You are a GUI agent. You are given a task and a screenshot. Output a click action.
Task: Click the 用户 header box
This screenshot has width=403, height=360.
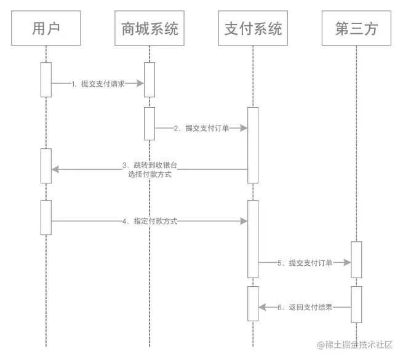(46, 28)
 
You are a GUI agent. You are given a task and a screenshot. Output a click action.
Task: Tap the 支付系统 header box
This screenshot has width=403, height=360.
(252, 28)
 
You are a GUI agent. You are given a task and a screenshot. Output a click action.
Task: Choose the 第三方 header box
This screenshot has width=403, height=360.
(356, 28)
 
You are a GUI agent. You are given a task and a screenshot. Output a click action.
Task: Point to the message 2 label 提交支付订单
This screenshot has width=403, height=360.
(201, 128)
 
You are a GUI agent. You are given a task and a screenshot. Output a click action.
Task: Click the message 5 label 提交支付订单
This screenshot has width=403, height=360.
(305, 263)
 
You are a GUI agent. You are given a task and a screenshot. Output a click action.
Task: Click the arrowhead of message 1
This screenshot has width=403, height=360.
(140, 83)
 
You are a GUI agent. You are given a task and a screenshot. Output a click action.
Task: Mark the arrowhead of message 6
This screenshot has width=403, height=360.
(261, 307)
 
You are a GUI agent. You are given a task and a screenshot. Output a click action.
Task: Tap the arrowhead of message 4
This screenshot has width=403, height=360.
(244, 220)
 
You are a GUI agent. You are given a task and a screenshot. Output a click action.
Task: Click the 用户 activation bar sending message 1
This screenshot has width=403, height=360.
(46, 79)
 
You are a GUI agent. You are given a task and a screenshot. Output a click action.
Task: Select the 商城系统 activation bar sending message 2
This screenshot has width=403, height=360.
(149, 124)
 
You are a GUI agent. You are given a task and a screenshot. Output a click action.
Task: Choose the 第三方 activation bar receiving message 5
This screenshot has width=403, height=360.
(356, 260)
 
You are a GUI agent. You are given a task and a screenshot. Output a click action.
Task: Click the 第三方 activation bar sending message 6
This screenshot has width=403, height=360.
(356, 304)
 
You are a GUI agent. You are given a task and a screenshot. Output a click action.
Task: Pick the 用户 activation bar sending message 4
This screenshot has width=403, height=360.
(46, 217)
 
